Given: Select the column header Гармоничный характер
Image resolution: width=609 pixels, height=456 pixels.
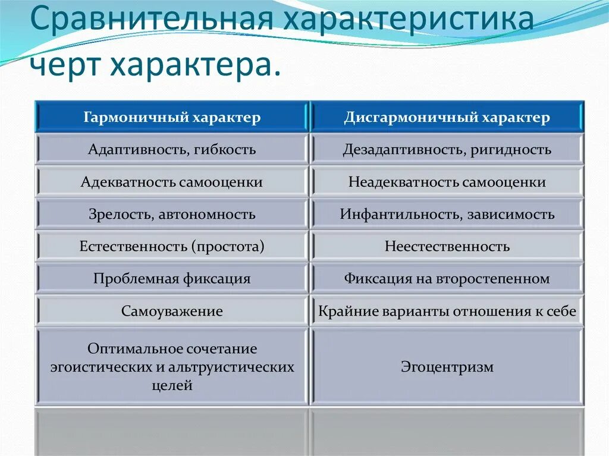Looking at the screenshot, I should tap(172, 117).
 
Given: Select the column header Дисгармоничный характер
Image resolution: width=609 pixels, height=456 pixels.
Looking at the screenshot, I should tap(447, 117).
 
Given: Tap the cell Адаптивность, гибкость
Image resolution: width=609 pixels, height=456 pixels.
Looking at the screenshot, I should tap(172, 149).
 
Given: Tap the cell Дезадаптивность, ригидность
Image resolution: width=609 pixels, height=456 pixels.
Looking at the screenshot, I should tap(447, 149).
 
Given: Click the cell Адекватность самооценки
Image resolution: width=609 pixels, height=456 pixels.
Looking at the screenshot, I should tap(172, 182).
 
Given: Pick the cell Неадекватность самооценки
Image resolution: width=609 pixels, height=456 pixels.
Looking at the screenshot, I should tap(447, 182).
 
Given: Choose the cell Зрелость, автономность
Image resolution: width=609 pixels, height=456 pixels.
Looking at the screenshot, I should tap(172, 214).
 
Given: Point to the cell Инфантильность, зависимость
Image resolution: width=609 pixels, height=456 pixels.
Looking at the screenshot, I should tap(447, 214).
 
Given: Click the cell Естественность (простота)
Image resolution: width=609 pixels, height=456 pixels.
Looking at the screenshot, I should tap(172, 246).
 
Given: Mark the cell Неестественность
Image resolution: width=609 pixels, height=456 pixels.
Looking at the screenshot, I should tap(447, 246).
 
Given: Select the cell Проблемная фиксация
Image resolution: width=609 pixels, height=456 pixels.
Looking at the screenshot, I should tap(172, 278).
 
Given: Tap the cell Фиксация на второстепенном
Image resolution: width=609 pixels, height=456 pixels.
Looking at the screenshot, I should tap(447, 278).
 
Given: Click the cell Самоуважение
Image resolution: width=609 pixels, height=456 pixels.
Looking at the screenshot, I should tap(172, 311).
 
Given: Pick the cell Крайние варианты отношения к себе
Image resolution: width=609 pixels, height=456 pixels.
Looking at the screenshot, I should tap(447, 311).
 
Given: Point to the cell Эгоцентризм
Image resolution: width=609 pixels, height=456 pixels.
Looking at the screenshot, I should tap(447, 367).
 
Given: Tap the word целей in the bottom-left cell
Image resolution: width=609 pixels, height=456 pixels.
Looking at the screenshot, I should tap(172, 385).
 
